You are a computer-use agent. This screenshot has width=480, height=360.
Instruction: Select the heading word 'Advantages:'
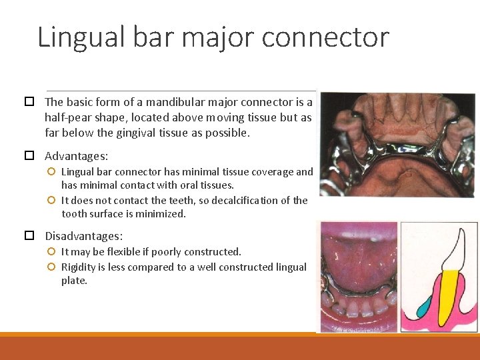[76, 156]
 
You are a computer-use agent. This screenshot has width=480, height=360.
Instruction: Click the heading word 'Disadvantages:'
[84, 236]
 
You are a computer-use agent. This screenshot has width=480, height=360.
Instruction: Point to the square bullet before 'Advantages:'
[29, 156]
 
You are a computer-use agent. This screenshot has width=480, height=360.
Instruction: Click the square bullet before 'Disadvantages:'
[29, 236]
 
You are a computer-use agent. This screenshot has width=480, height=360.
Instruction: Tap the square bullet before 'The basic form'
[29, 102]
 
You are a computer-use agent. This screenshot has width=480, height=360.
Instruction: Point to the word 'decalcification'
[240, 200]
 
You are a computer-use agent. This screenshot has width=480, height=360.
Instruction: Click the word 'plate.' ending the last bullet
[74, 281]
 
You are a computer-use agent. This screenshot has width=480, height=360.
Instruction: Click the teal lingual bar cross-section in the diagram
[424, 307]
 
